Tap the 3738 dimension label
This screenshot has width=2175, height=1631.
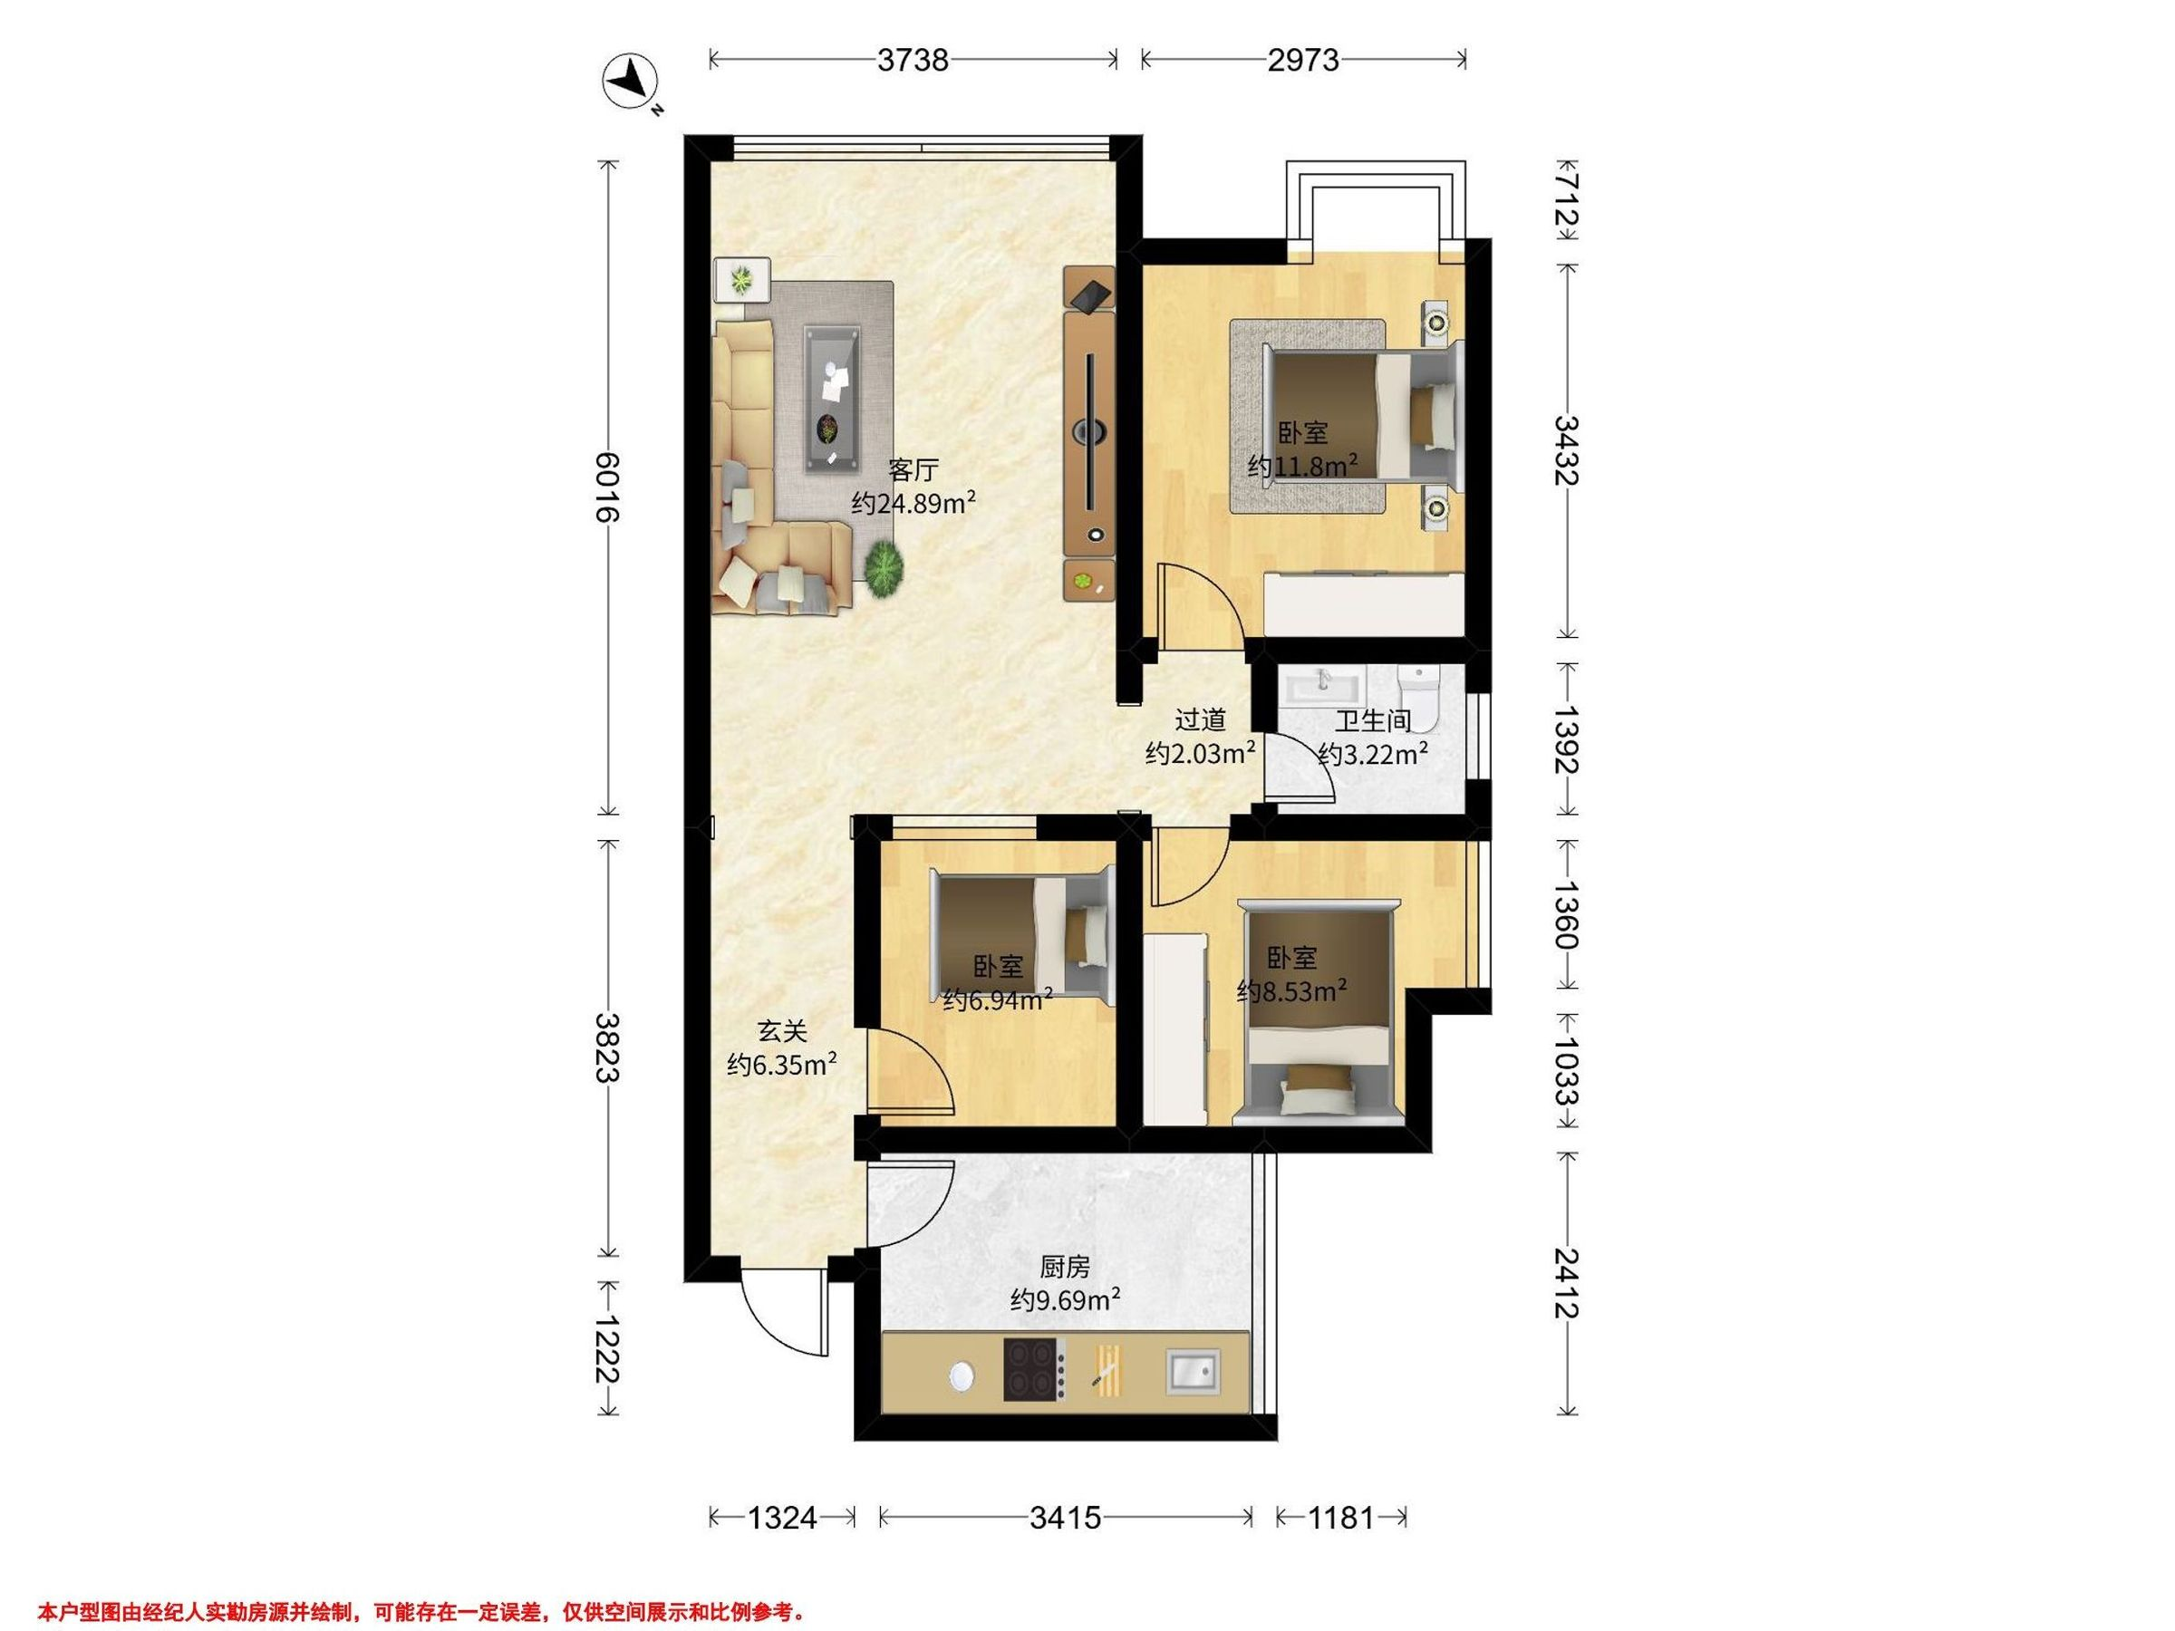(x=913, y=61)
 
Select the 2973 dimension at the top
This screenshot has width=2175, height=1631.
(x=1303, y=61)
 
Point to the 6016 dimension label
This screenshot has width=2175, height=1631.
(x=609, y=487)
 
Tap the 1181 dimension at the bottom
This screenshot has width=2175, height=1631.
(x=1340, y=1518)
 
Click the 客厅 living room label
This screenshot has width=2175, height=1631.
(x=913, y=469)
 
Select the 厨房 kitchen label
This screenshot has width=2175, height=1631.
(x=1065, y=1266)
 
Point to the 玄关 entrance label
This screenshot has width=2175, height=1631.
(x=782, y=1030)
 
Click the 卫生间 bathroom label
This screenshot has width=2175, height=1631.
(x=1373, y=720)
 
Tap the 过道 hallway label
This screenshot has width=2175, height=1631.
(x=1201, y=719)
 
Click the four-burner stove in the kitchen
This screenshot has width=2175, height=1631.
(x=1034, y=1368)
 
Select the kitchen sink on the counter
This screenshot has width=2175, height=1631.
(x=1193, y=1370)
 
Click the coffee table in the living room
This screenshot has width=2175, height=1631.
(x=834, y=400)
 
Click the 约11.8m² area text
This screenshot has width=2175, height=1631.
(x=1303, y=465)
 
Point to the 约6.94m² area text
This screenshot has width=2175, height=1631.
(x=998, y=999)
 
